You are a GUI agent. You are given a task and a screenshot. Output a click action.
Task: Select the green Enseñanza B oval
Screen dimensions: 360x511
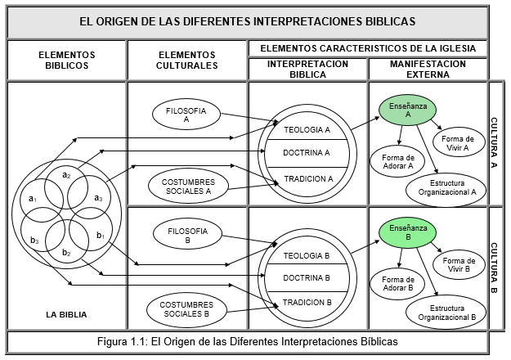pos(407,232)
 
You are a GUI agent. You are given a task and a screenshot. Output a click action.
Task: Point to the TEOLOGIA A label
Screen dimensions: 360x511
pos(307,130)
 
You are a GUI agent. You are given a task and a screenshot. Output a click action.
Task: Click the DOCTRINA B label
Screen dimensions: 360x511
pos(306,278)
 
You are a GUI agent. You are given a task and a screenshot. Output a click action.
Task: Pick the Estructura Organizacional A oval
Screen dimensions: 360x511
pos(446,187)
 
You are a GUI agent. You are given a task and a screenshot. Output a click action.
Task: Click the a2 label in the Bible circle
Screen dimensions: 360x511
pos(67,174)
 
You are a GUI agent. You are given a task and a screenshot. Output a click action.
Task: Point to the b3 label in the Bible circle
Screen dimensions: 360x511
pos(34,239)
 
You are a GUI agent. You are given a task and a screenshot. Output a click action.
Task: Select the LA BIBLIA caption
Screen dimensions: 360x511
pos(68,313)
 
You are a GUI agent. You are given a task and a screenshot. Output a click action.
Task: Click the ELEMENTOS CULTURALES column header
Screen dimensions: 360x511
pos(186,60)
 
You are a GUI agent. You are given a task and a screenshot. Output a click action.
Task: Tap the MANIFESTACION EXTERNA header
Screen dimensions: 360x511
pos(428,69)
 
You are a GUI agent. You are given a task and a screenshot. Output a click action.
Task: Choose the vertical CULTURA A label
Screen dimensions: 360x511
pos(496,142)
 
